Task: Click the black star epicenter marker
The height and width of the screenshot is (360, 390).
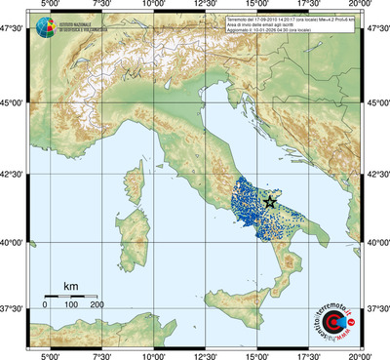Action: point(269,202)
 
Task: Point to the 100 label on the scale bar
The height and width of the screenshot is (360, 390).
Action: point(71,304)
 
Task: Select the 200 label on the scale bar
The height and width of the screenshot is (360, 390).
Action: point(97,304)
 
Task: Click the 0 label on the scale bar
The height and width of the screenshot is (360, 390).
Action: point(45,304)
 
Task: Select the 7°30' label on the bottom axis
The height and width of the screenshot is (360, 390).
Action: point(100,354)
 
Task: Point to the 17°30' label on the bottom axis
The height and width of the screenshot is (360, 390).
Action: point(311,354)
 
